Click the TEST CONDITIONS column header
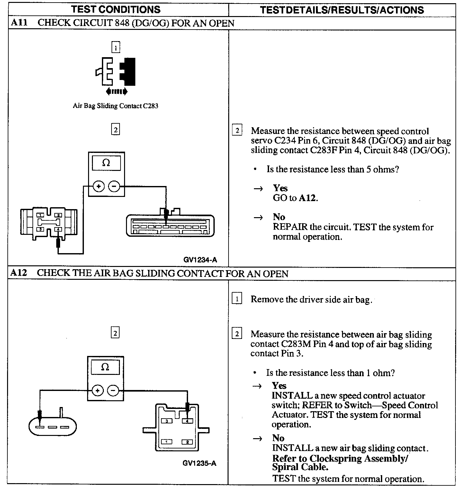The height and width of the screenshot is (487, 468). pyautogui.click(x=116, y=9)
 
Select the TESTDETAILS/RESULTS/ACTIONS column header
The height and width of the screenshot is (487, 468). pyautogui.click(x=342, y=10)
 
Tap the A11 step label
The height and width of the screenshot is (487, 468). pyautogui.click(x=18, y=23)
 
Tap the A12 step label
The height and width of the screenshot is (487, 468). pyautogui.click(x=18, y=273)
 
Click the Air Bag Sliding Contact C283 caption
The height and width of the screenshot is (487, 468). pyautogui.click(x=115, y=106)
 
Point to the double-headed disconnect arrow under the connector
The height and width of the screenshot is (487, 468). pyautogui.click(x=116, y=92)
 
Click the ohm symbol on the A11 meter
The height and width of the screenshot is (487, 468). pyautogui.click(x=106, y=163)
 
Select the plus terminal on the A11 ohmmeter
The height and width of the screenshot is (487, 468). pyautogui.click(x=99, y=186)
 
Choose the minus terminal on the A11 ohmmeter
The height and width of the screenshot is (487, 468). pyautogui.click(x=114, y=186)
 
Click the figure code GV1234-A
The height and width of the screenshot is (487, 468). pyautogui.click(x=200, y=260)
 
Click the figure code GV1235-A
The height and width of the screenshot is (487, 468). pyautogui.click(x=199, y=463)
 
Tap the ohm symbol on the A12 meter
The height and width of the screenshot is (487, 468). pyautogui.click(x=105, y=367)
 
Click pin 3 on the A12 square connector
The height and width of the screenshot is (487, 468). pyautogui.click(x=167, y=421)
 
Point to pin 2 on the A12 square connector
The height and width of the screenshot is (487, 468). pyautogui.click(x=187, y=442)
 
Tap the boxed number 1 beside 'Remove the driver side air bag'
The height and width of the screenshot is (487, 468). pyautogui.click(x=237, y=299)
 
